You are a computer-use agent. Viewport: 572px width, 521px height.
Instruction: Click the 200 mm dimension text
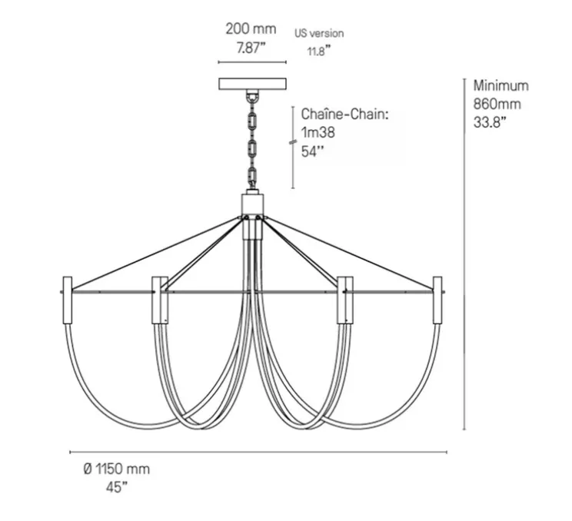pyautogui.click(x=251, y=29)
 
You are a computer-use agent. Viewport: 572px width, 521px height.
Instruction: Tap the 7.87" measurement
pyautogui.click(x=251, y=47)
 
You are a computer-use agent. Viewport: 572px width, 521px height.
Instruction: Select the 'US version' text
pyautogui.click(x=319, y=33)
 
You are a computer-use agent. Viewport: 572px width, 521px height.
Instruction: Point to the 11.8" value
pyautogui.click(x=315, y=51)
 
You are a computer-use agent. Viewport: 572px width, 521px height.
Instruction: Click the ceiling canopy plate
pyautogui.click(x=251, y=84)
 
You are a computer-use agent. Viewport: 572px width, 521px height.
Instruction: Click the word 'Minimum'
pyautogui.click(x=500, y=85)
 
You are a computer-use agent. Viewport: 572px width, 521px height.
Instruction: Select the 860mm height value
pyautogui.click(x=497, y=103)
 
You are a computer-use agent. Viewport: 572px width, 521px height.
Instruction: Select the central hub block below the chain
pyautogui.click(x=251, y=204)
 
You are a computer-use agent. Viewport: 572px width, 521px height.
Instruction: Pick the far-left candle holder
pyautogui.click(x=66, y=300)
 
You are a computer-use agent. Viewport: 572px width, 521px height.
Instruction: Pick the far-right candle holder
pyautogui.click(x=438, y=300)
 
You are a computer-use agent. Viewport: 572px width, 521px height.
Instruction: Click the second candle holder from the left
pyautogui.click(x=159, y=300)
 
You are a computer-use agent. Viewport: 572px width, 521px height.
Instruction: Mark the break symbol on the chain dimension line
pyautogui.click(x=293, y=143)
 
